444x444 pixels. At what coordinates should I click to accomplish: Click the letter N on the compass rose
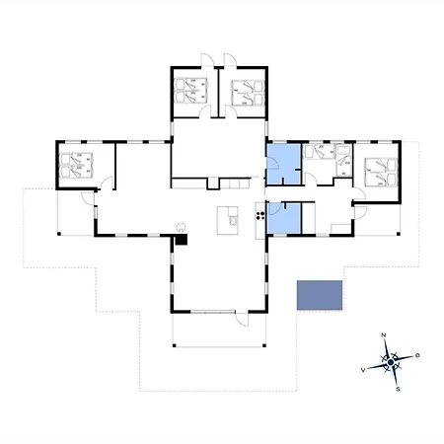coord(383,335)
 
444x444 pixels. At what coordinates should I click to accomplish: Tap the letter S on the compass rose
coord(398,389)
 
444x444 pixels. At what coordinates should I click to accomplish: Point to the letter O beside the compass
coord(417,355)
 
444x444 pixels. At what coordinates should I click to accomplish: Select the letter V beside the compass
coord(363,370)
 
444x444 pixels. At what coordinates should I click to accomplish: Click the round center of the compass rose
coord(391,362)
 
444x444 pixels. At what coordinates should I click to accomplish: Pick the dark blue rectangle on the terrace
coord(320,295)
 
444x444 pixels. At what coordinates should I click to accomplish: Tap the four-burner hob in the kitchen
coord(260,215)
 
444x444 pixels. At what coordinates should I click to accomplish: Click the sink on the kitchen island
coord(233,220)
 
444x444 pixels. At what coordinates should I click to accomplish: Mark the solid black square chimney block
coord(181,239)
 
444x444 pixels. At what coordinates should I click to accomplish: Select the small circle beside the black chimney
coord(181,227)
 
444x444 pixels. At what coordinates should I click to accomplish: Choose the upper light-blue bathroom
coord(283,164)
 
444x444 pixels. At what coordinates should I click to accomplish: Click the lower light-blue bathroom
coord(284,218)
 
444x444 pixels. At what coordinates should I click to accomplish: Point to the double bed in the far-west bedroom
coord(76,165)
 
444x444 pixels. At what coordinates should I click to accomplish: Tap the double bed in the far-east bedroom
coord(381,172)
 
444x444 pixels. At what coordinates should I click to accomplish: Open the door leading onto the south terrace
coord(242,319)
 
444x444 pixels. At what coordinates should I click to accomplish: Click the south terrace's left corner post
coord(175,345)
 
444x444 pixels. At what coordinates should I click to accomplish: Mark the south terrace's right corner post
coord(264,345)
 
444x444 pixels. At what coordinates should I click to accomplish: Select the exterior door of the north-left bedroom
coord(207,60)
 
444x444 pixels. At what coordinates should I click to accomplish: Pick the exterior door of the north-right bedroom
coord(230,60)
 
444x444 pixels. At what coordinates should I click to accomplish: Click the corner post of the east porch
coord(399,234)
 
